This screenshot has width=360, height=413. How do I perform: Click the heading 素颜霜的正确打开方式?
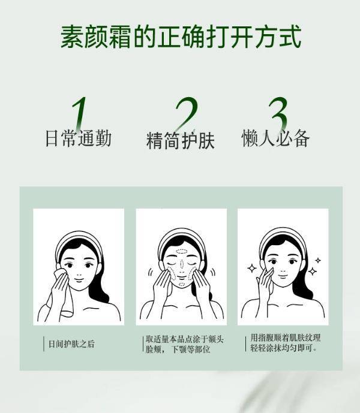[181, 37]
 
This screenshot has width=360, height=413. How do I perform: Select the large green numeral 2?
[187, 114]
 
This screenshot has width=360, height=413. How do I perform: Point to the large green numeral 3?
[278, 114]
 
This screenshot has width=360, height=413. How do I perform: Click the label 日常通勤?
[79, 138]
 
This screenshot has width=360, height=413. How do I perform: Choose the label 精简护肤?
[181, 140]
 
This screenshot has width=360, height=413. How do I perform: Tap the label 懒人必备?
[275, 138]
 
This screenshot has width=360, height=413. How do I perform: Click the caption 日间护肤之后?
[71, 344]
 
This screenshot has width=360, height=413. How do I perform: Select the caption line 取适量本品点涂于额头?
[185, 339]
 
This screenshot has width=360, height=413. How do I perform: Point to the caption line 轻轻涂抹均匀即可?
[284, 348]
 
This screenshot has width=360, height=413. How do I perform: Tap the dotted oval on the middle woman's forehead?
[182, 251]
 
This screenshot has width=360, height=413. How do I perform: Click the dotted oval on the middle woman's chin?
[182, 284]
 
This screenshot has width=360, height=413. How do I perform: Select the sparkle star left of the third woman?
[252, 269]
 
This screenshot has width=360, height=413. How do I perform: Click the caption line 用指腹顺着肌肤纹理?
[286, 338]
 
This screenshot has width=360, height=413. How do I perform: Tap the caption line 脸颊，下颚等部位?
[178, 349]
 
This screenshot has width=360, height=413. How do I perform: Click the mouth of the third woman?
[283, 276]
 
